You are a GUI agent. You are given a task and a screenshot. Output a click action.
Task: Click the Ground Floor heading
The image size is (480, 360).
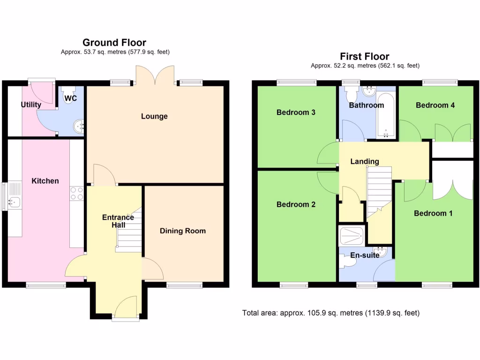click(x=114, y=43)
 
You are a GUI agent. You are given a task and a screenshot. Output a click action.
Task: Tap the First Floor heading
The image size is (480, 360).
click(x=365, y=56)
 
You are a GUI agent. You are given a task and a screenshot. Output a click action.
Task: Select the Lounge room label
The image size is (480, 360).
click(x=154, y=116)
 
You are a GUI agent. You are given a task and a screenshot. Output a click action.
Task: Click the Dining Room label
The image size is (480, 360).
click(x=183, y=231)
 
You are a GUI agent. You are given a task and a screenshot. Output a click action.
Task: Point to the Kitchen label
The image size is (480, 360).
click(x=45, y=180)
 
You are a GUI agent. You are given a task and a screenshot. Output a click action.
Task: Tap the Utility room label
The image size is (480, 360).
click(x=31, y=105)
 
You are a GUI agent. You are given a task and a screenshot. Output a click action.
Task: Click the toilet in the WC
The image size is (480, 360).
click(x=69, y=95)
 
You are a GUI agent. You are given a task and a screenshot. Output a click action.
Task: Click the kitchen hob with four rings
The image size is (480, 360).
click(x=76, y=194)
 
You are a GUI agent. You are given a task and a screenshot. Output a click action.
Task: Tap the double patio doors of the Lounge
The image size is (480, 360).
click(x=155, y=75)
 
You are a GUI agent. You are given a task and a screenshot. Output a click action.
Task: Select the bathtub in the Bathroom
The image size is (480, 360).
click(x=386, y=115)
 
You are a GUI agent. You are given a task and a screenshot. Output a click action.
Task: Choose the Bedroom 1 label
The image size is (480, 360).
click(x=433, y=213)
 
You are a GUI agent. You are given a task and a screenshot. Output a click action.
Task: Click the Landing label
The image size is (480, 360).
click(x=365, y=161)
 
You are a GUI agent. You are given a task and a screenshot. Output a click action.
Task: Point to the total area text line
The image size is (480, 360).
click(x=330, y=313)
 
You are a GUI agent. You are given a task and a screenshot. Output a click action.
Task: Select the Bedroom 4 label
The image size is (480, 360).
click(x=435, y=105)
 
